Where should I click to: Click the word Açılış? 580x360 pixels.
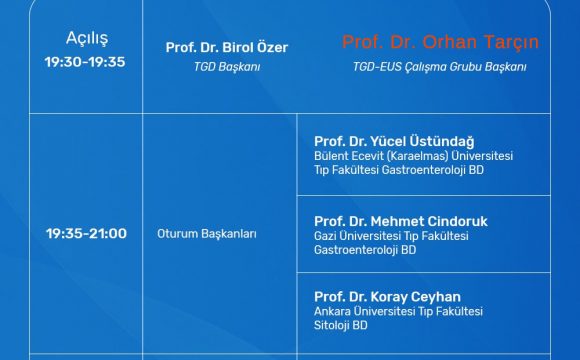86,38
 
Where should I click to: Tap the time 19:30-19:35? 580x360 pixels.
86,61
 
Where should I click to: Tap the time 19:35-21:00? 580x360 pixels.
86,234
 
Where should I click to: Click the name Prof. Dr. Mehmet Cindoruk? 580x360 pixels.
401,220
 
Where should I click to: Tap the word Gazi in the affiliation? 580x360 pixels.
327,235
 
